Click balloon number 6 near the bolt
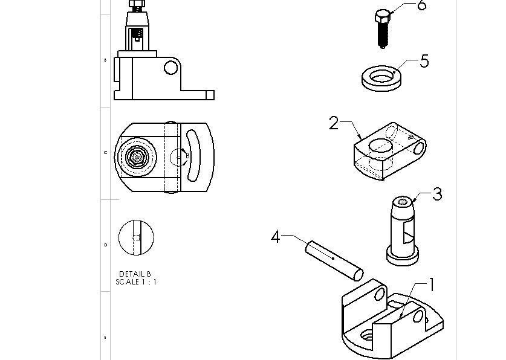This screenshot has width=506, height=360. (x=421, y=5)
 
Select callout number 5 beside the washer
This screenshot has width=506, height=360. (x=424, y=61)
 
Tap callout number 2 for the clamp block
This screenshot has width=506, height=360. (x=334, y=123)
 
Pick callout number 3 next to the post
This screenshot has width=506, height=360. (x=436, y=194)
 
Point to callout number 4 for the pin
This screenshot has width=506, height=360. (x=276, y=237)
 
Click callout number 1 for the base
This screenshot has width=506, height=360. (x=432, y=284)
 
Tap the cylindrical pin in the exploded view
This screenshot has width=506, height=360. (x=334, y=260)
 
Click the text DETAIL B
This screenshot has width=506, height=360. (x=135, y=274)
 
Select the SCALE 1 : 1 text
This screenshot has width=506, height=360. (x=136, y=282)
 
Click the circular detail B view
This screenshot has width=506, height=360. (x=137, y=237)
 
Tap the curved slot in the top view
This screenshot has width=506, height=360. (x=192, y=156)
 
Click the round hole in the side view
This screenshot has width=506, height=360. (x=171, y=67)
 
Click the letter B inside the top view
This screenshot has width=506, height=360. (x=187, y=155)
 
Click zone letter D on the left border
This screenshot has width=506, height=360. (x=106, y=245)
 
